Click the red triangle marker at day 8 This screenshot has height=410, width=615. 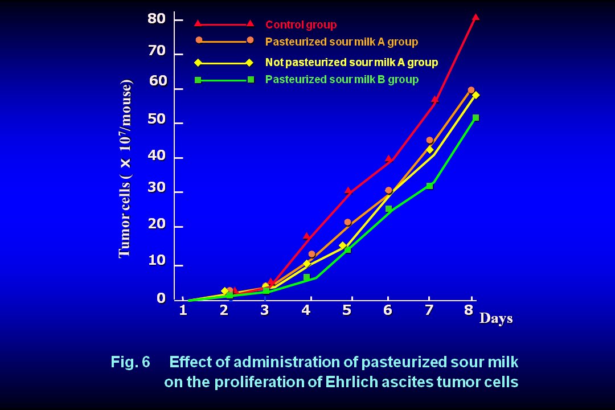pos(475,18)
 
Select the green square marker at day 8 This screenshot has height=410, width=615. pos(475,118)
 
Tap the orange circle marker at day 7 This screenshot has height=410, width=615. pos(429,140)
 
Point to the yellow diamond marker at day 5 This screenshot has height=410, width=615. pos(343,246)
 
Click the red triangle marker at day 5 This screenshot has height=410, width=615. pos(348,190)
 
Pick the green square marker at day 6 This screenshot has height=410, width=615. pos(388,209)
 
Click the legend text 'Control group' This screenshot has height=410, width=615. pos(301,25)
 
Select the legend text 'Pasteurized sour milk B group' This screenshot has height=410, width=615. pos(342,80)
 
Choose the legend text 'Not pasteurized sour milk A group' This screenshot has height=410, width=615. pos(351,62)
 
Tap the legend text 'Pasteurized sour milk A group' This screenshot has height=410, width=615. pos(342,42)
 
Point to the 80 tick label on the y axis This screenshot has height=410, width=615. pos(157,19)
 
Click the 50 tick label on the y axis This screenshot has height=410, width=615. pos(157,120)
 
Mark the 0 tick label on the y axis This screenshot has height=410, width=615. pos(161,298)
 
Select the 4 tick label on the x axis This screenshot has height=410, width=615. pos(306,310)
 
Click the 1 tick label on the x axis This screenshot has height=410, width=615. pos(183,310)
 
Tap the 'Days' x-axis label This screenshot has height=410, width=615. pos(495,318)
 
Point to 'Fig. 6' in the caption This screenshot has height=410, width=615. pos(130,362)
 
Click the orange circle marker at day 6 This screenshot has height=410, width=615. pos(388,191)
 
